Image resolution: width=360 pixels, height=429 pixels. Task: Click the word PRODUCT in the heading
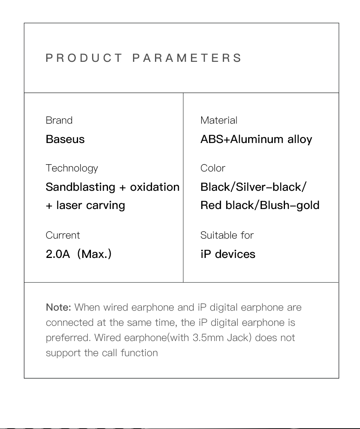(84, 58)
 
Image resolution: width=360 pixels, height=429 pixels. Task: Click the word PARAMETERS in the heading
(187, 58)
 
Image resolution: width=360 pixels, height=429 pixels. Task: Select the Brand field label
(59, 120)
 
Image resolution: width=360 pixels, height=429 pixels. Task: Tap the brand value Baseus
(65, 139)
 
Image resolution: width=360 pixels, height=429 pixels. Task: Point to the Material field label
(219, 120)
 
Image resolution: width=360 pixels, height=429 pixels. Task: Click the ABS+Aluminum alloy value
(256, 140)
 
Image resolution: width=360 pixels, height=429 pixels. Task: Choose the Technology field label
(72, 168)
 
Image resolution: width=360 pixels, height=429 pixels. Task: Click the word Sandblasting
(80, 187)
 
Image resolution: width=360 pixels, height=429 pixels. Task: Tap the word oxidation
(155, 187)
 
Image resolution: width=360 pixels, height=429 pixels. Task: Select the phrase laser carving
(91, 206)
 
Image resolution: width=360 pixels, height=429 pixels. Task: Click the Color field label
(213, 168)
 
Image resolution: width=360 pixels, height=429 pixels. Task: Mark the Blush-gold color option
(290, 206)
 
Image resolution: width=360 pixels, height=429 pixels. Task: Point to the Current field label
(63, 235)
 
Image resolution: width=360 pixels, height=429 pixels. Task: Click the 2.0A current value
(58, 254)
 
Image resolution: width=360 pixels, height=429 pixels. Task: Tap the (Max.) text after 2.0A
(94, 254)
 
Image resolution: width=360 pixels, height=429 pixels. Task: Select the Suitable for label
(227, 235)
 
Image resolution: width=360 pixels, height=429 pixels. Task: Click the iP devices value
(228, 254)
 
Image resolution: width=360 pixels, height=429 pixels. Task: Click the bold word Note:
(58, 308)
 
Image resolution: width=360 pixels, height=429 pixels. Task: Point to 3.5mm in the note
(208, 338)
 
